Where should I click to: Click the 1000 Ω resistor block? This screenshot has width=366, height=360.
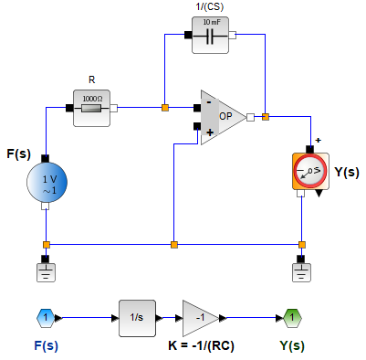click(91, 107)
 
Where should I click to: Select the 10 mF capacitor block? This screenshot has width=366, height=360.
click(211, 37)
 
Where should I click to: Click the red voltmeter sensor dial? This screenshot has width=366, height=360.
click(310, 171)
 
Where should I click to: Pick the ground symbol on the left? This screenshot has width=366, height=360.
click(46, 271)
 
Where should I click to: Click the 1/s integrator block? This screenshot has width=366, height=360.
click(137, 317)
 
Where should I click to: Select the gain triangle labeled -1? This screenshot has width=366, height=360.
click(200, 317)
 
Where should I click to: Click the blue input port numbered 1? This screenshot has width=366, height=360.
click(46, 317)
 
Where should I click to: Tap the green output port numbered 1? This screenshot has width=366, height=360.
click(290, 317)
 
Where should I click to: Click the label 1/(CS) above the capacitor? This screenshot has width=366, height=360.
click(211, 7)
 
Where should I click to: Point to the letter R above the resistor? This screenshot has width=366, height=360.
click(91, 79)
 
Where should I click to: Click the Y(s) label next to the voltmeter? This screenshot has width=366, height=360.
click(347, 171)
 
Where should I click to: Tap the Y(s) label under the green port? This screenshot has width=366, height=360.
click(291, 346)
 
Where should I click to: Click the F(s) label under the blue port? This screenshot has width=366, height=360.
click(46, 346)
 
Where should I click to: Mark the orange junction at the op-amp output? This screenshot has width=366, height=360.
click(265, 116)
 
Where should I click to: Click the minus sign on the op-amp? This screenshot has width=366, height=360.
click(209, 103)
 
